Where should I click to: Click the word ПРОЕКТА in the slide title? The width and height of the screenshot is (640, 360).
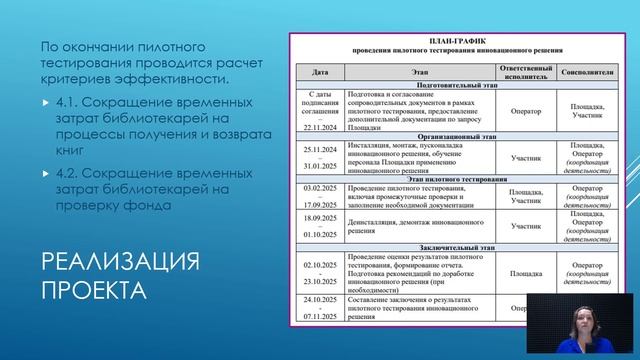(x=92, y=293)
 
